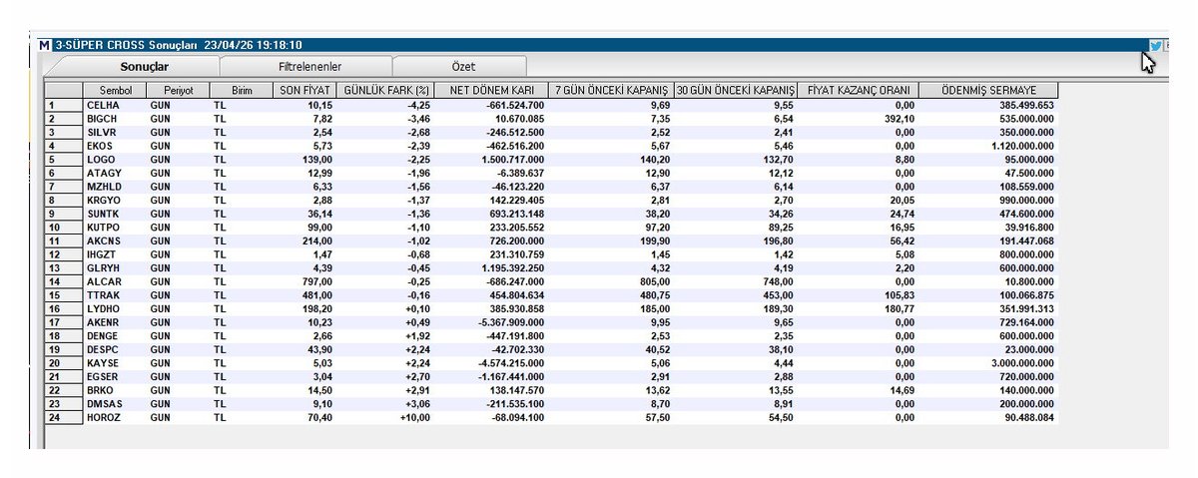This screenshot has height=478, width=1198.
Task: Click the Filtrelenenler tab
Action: click(x=309, y=67)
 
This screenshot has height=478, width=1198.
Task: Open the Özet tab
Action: click(x=463, y=67)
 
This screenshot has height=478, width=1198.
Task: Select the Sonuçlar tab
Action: click(x=144, y=67)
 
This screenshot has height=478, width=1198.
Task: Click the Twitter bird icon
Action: click(x=1155, y=46)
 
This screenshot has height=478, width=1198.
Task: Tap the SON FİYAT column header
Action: click(x=304, y=91)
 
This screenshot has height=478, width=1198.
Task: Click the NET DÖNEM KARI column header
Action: click(x=491, y=91)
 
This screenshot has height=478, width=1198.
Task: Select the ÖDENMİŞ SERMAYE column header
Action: click(x=988, y=91)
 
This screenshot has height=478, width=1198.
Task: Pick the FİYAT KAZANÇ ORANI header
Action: click(x=858, y=91)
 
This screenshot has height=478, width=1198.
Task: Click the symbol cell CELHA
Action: click(x=103, y=106)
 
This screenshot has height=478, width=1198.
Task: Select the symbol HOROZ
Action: click(x=104, y=417)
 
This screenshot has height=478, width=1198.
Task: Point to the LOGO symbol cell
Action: click(x=101, y=160)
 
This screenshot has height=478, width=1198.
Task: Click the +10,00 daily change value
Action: click(x=415, y=417)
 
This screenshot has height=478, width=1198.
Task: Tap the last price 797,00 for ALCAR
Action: click(x=317, y=281)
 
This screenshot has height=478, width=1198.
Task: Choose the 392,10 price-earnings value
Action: click(x=899, y=119)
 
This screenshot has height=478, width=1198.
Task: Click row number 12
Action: click(x=55, y=254)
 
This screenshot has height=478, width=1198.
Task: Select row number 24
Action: click(x=55, y=417)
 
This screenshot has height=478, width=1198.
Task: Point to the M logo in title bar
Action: click(x=45, y=46)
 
